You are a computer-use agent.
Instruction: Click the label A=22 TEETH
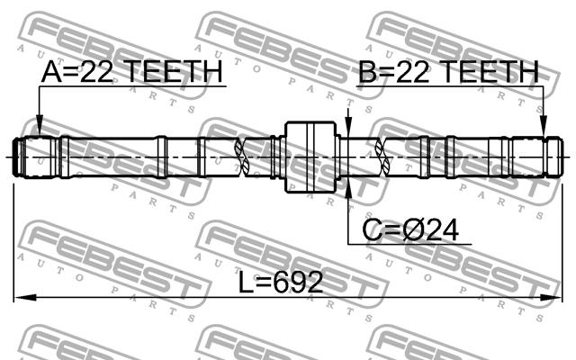pyautogui.click(x=132, y=71)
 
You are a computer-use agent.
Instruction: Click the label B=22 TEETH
pyautogui.click(x=448, y=71)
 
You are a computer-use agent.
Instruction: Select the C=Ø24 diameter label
pyautogui.click(x=410, y=230)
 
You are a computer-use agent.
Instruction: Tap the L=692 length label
pyautogui.click(x=281, y=282)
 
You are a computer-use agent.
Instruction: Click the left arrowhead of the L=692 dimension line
pyautogui.click(x=25, y=297)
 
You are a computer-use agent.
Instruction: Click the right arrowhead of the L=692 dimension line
pyautogui.click(x=551, y=297)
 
